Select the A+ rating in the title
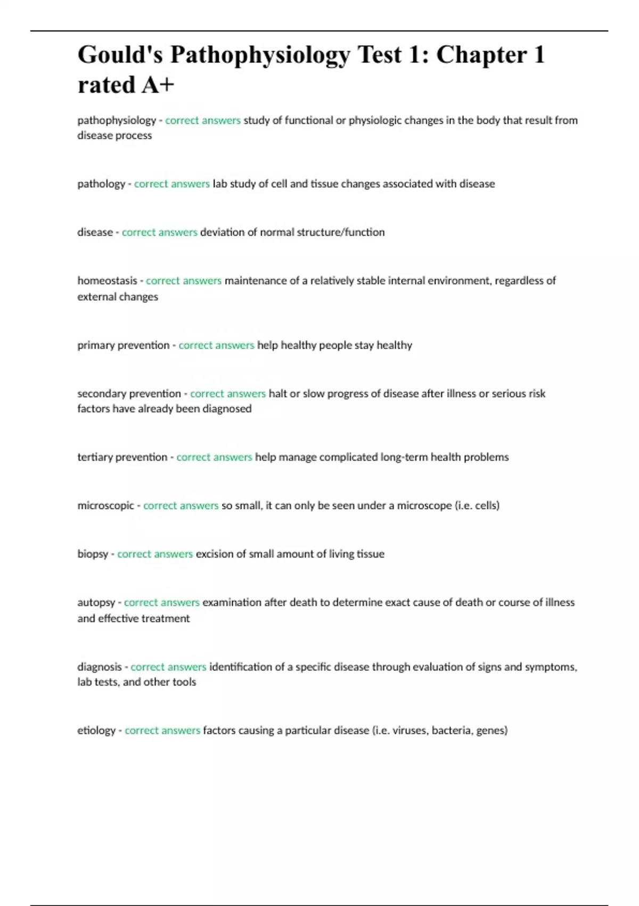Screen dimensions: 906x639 tap(158, 85)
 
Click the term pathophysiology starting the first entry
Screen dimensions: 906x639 tap(117, 120)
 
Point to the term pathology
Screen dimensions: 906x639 tap(101, 184)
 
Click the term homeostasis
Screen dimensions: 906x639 tap(107, 281)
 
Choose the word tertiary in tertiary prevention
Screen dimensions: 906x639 tap(95, 457)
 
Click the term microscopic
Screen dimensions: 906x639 tap(105, 506)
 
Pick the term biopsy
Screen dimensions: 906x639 tap(93, 554)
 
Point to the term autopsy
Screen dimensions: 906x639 tap(96, 603)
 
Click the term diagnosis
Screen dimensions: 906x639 tap(100, 667)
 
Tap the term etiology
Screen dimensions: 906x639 tap(96, 731)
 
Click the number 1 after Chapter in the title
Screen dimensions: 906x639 tap(539, 55)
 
